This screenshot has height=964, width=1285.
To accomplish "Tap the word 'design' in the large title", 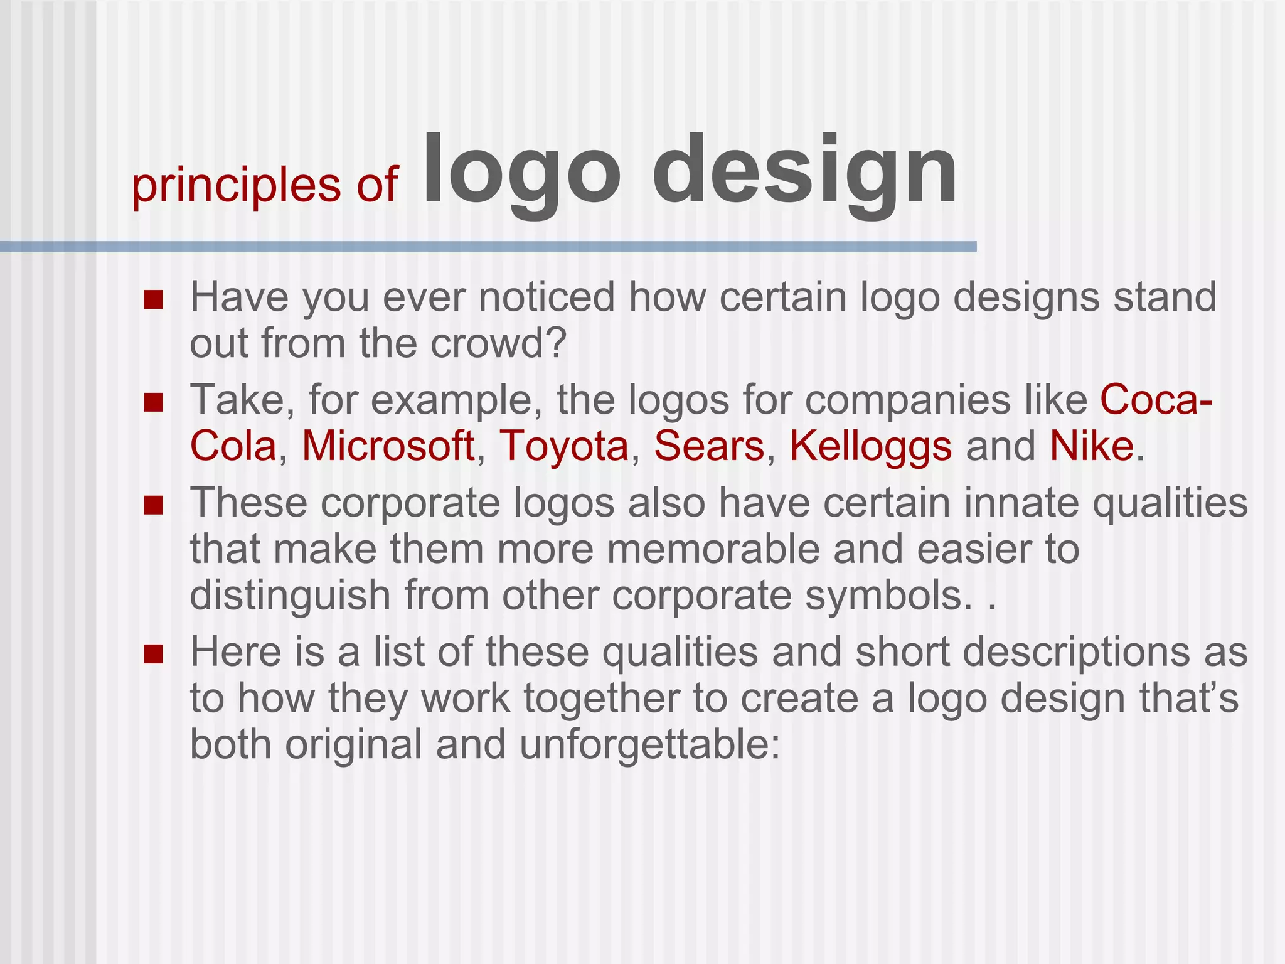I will click(x=805, y=173).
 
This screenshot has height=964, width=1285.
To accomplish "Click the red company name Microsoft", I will click(x=388, y=446).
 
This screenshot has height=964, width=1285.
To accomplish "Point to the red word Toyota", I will click(x=563, y=446).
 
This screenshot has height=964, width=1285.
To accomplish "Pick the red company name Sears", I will click(x=709, y=446).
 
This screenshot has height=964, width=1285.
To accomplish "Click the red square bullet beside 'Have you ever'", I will click(x=153, y=300).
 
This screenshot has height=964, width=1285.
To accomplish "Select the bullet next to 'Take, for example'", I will click(x=153, y=402).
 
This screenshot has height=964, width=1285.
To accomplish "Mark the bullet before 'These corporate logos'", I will click(x=153, y=505).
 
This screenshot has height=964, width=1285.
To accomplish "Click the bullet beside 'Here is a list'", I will click(x=153, y=655).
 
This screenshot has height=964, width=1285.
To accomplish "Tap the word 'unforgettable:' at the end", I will click(x=650, y=745).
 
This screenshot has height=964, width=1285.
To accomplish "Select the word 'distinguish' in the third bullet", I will click(x=291, y=596).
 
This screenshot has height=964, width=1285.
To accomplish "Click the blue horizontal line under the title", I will click(x=488, y=247).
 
